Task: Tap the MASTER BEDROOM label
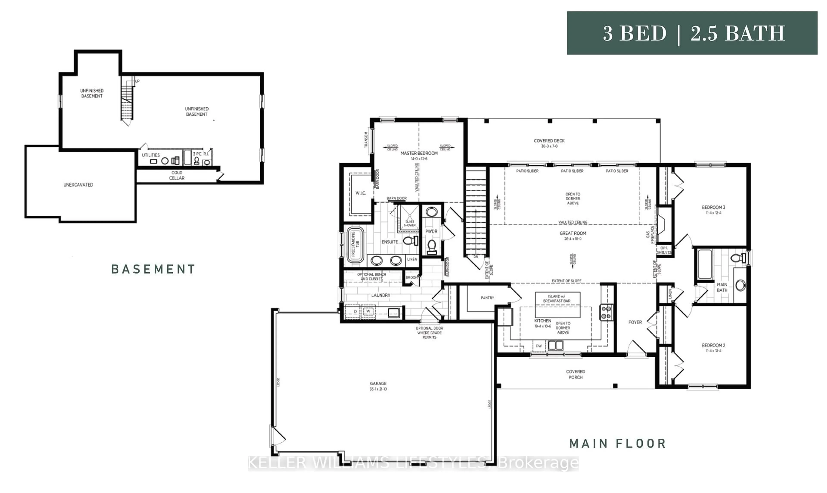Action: click(419, 153)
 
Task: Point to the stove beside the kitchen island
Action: click(606, 312)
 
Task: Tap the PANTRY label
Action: click(487, 298)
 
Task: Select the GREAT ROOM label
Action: click(573, 233)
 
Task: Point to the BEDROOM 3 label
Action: click(713, 207)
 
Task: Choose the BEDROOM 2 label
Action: click(713, 345)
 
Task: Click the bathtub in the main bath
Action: click(705, 264)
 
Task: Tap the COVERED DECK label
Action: click(549, 141)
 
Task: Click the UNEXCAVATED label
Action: click(78, 185)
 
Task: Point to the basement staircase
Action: click(127, 100)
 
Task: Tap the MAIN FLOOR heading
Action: click(617, 443)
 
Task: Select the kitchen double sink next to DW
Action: click(555, 345)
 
